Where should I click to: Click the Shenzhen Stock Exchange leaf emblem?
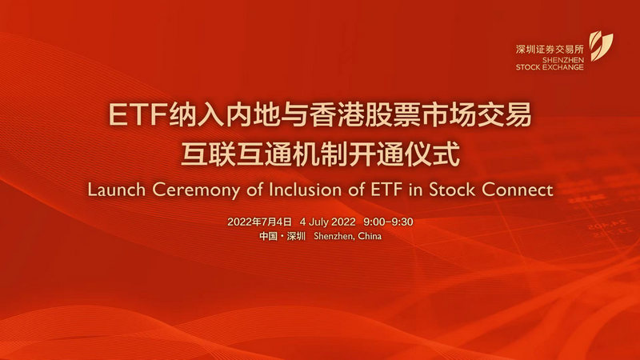(601, 46)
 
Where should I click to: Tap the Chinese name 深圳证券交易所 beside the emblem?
(550, 50)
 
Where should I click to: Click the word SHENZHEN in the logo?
(563, 60)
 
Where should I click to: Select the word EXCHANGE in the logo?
(565, 67)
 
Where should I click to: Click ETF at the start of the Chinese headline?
(138, 114)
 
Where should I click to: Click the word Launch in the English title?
(116, 190)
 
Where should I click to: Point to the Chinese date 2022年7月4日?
(259, 222)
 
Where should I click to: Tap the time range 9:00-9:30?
(388, 222)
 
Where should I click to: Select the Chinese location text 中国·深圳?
(282, 236)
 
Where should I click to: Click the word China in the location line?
(370, 236)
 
